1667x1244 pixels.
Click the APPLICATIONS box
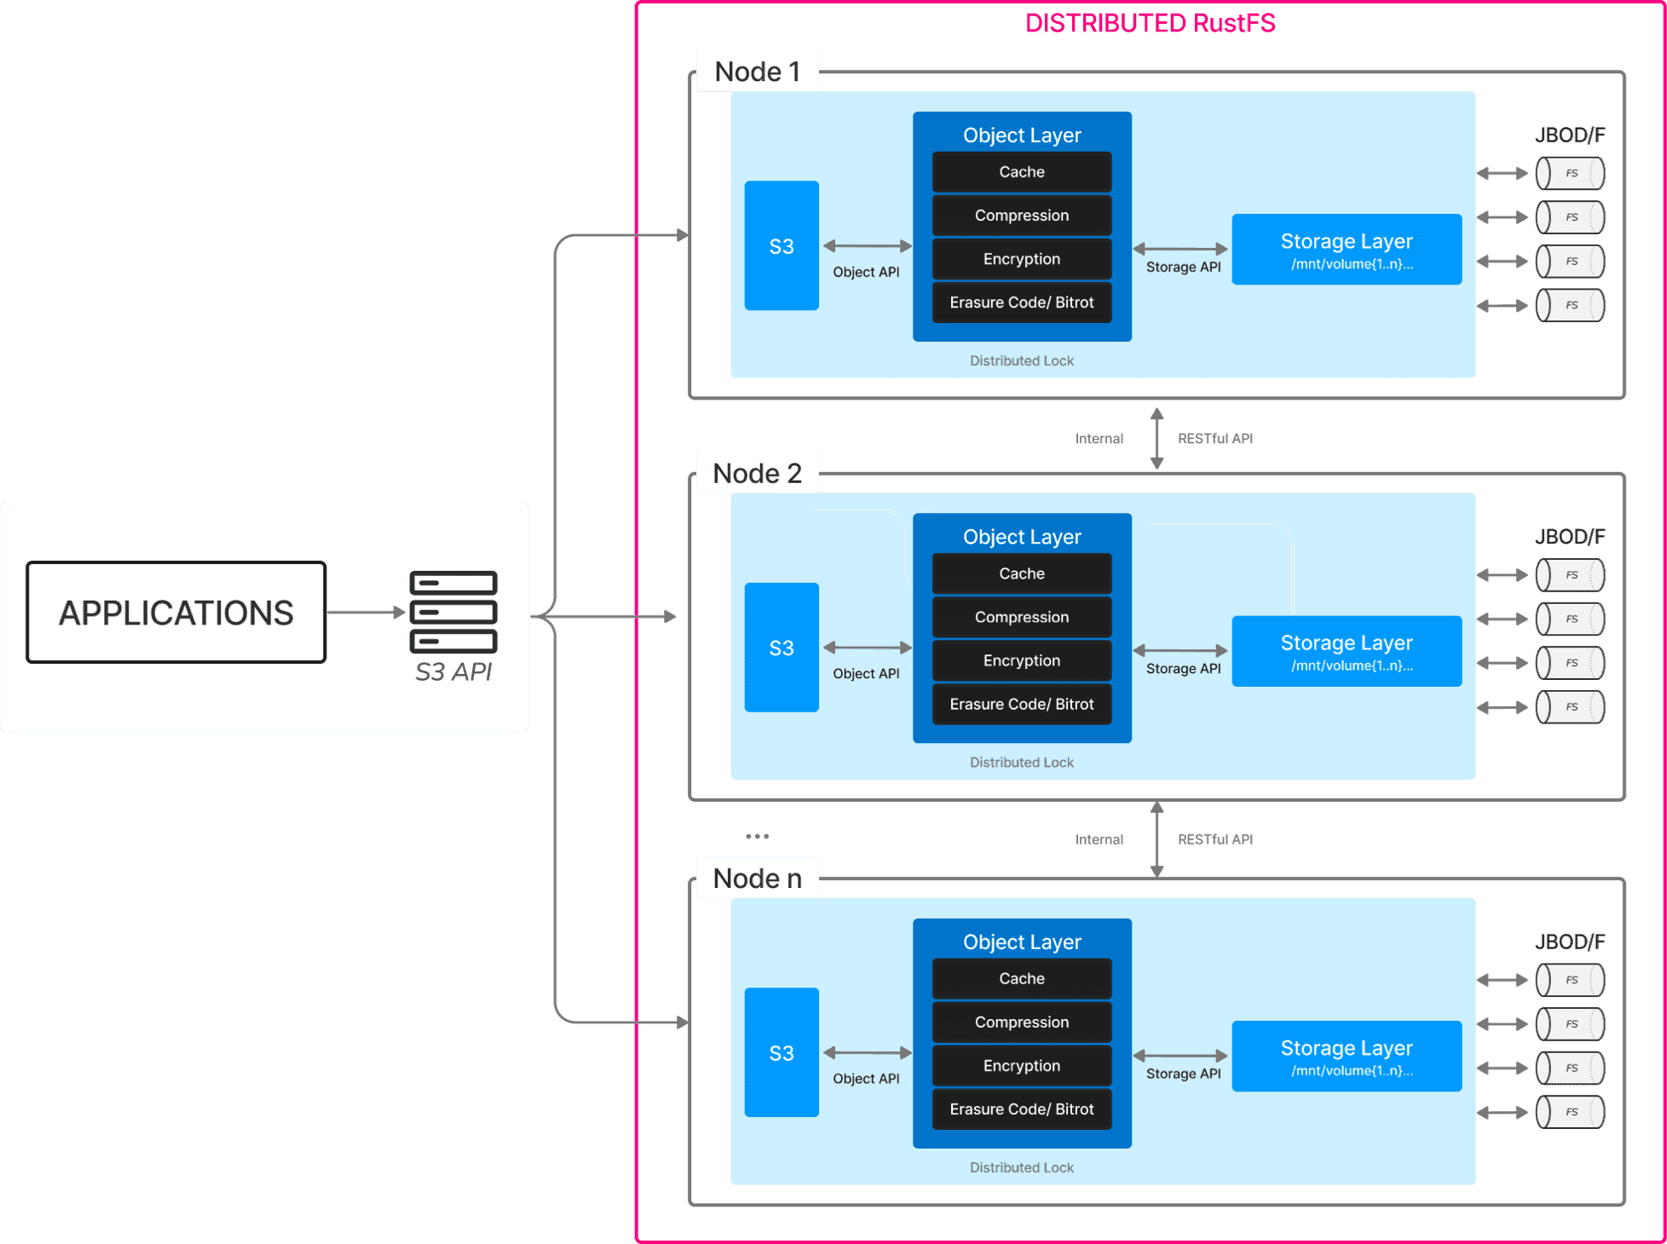pos(176,612)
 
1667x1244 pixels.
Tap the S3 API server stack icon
pos(453,611)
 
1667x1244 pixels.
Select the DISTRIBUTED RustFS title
pos(1150,23)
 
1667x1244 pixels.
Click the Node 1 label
pos(757,72)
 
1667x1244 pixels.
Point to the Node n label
pos(757,878)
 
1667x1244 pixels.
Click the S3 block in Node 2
pos(782,648)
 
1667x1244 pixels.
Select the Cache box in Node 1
pos(1022,172)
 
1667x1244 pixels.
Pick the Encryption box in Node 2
pos(1022,660)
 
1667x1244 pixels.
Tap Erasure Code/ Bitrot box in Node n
pos(1022,1109)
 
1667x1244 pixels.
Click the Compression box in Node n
pos(1022,1022)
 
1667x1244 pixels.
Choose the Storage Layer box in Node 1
pos(1347,250)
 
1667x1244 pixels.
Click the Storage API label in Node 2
pos(1183,669)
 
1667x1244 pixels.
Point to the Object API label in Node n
pos(866,1079)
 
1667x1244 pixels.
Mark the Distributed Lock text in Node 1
pos(1022,361)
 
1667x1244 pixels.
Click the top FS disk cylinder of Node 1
pos(1570,174)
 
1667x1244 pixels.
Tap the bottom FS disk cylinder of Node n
pos(1570,1112)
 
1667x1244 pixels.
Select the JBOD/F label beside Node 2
pos(1570,537)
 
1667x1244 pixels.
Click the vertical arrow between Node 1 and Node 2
pos(1157,438)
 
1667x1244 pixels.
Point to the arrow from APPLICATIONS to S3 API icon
pos(365,612)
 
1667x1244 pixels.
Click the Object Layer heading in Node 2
pos(1022,537)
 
